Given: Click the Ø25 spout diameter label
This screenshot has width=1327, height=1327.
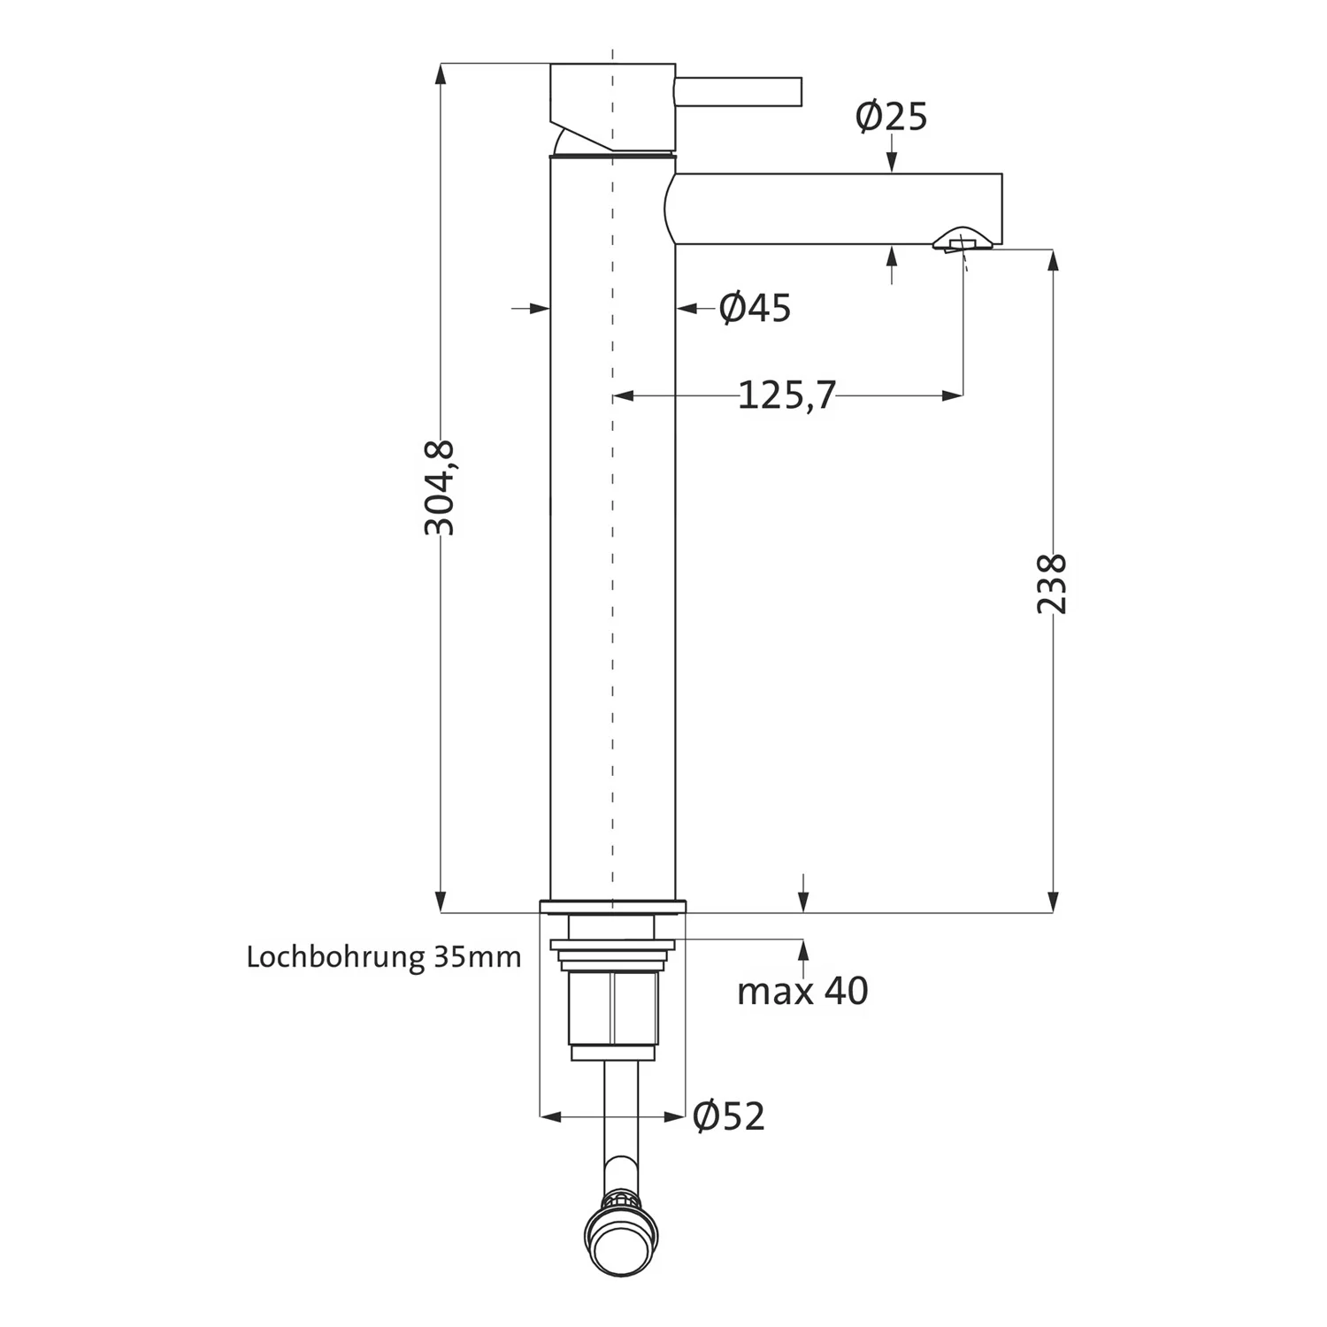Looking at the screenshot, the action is (891, 117).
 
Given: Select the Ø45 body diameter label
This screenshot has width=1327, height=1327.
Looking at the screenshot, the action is (755, 308).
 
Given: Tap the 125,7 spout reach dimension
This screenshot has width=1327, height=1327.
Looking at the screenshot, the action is (786, 395).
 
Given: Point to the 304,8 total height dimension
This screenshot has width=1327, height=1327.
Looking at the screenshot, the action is (440, 487).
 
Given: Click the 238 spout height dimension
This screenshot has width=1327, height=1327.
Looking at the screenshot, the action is (1052, 584).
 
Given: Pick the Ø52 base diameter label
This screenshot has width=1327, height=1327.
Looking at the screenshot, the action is (729, 1116).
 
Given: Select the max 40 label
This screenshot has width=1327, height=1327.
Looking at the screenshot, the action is (802, 991).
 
